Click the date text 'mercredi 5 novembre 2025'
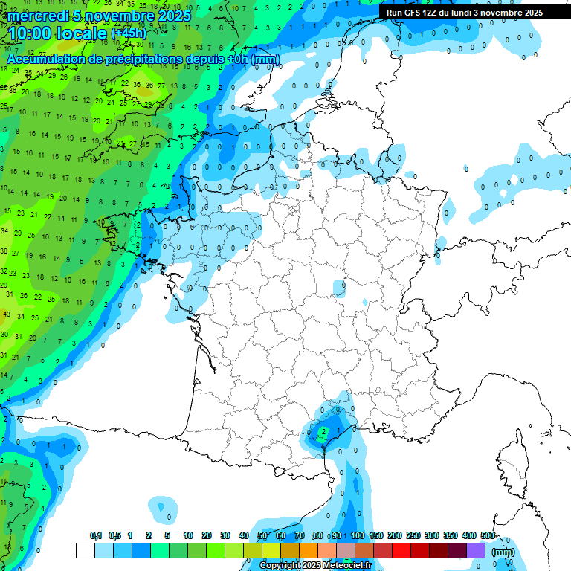pos(99,15)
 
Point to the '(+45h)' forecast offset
pos(129,33)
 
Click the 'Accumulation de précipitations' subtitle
pos(143,58)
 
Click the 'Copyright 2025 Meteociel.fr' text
pos(315,565)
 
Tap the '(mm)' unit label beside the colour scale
pos(503,552)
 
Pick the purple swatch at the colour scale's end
pos(476,551)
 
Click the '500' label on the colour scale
pos(488,535)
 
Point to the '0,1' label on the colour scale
pos(96,535)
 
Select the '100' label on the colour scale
pos(358,535)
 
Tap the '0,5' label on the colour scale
pos(114,535)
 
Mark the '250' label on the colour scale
pos(413,535)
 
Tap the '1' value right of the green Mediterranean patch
pos(338,430)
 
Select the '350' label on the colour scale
pos(451,535)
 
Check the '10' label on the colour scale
pos(188,535)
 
